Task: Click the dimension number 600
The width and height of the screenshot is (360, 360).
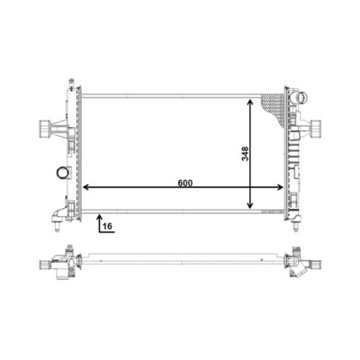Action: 184,183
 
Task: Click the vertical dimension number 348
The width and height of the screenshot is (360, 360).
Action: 246,154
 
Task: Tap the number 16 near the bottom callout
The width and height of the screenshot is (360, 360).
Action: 107,226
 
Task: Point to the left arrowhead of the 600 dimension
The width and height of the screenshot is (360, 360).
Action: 86,187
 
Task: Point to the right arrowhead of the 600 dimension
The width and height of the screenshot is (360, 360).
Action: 280,187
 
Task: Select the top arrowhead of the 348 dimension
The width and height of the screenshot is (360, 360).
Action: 250,103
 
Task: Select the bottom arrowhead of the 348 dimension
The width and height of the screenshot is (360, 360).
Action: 250,205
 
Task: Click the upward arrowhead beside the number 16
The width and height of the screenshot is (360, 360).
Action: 100,216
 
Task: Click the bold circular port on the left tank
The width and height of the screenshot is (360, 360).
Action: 62,173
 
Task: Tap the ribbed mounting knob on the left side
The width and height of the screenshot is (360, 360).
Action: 44,129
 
